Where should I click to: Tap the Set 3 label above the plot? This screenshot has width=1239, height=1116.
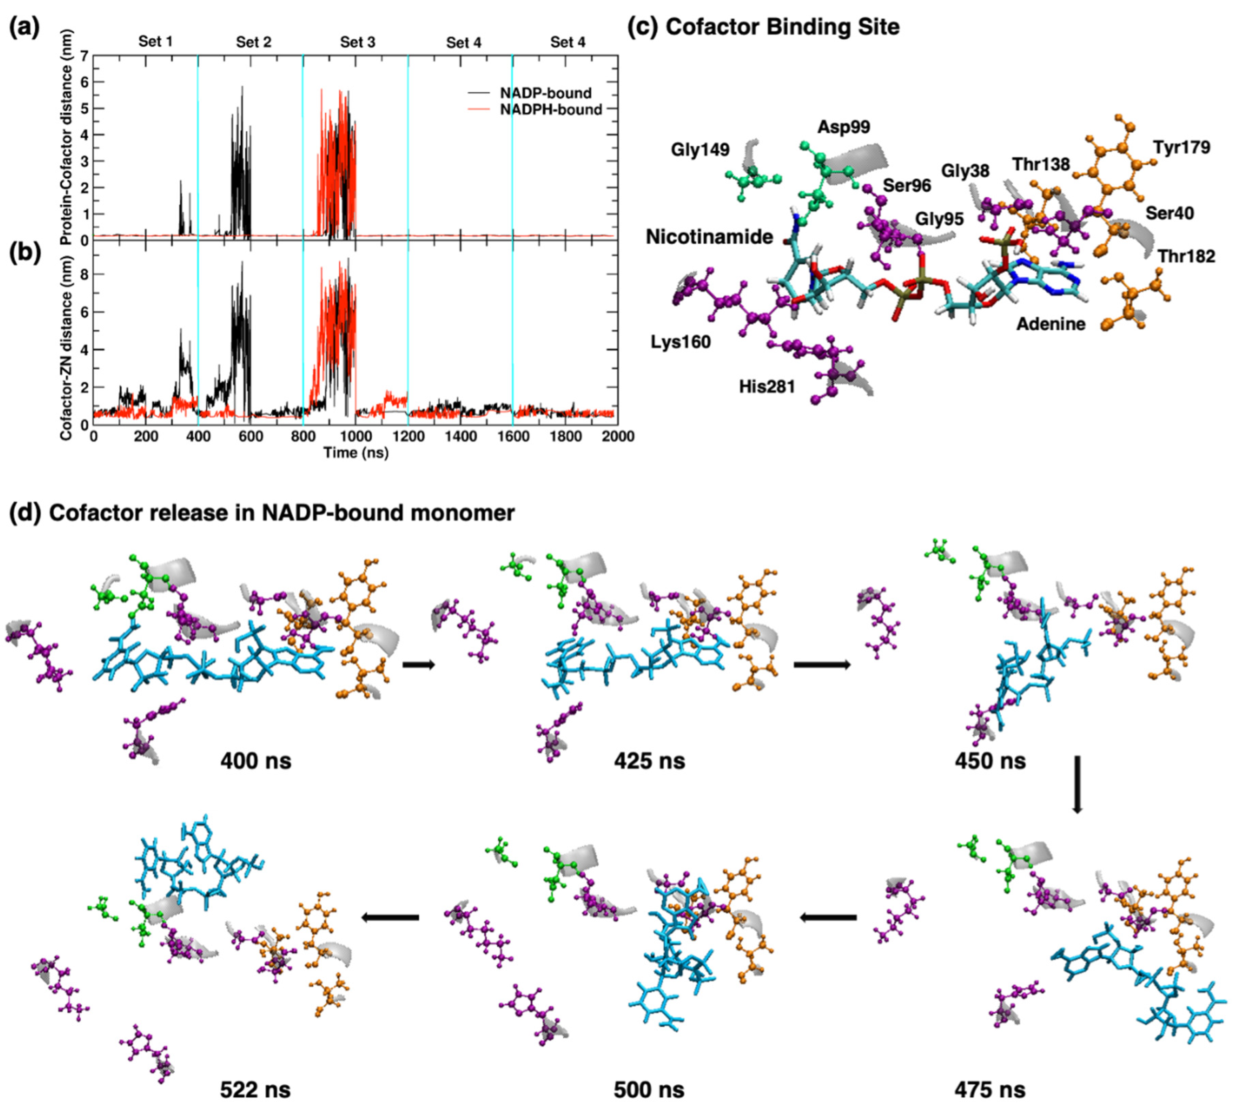(x=358, y=42)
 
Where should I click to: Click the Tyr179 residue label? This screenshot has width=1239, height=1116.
(x=1181, y=148)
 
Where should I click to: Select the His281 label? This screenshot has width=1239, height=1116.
(x=767, y=387)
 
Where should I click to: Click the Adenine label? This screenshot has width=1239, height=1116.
(x=1051, y=324)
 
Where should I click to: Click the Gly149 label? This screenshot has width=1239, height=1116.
(x=700, y=150)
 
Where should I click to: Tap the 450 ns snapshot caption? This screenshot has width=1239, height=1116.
(x=989, y=761)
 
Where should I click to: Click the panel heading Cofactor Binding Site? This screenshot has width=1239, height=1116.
(x=782, y=27)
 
